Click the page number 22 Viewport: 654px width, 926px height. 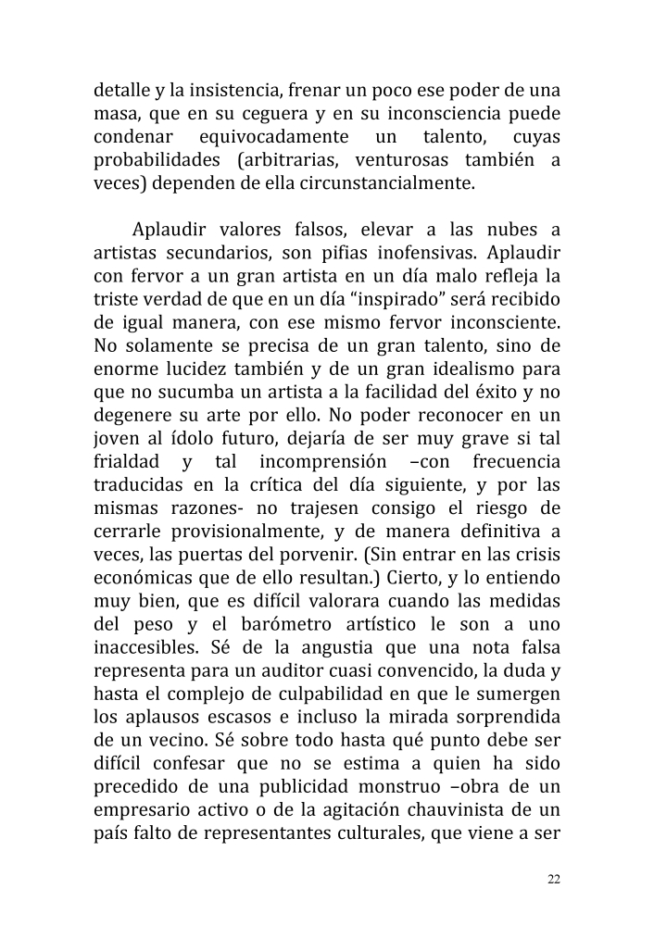point(553,879)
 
